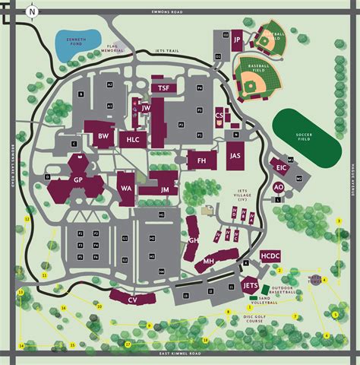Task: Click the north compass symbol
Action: coord(32,11)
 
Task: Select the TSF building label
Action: coord(163,88)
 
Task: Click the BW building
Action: coord(103,137)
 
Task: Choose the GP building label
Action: coord(77,179)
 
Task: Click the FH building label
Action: coord(202,160)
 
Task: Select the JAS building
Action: coord(235,155)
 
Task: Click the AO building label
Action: coord(279,186)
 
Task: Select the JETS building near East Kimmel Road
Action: coord(251,284)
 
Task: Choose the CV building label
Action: coord(132,300)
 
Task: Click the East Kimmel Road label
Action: coord(180,354)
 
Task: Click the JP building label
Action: coord(237,40)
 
